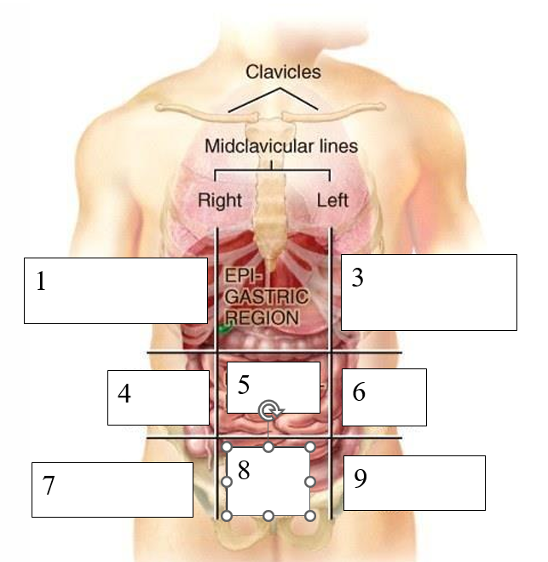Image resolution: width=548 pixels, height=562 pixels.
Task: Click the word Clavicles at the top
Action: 283,72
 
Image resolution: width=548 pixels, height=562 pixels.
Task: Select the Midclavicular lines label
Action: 280,146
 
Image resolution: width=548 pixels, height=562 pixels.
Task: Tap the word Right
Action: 220,201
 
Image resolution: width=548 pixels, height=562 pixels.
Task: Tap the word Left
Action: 332,201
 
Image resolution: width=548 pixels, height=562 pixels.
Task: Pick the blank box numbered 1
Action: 115,290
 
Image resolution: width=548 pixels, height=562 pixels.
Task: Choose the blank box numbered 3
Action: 429,292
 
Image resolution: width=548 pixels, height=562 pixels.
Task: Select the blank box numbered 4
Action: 158,397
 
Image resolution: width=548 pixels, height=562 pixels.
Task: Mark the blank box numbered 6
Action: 384,397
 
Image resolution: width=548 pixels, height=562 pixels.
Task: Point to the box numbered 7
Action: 112,489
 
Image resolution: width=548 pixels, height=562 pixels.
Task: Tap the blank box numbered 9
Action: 414,482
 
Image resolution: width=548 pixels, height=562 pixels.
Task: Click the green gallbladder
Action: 224,327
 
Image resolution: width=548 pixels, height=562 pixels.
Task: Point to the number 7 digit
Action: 49,485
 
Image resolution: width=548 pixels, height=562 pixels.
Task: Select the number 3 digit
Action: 357,278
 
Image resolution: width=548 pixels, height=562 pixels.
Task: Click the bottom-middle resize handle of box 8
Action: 268,516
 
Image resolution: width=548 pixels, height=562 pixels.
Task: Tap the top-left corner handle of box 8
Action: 227,447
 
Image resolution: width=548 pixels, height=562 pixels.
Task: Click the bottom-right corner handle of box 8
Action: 310,516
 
